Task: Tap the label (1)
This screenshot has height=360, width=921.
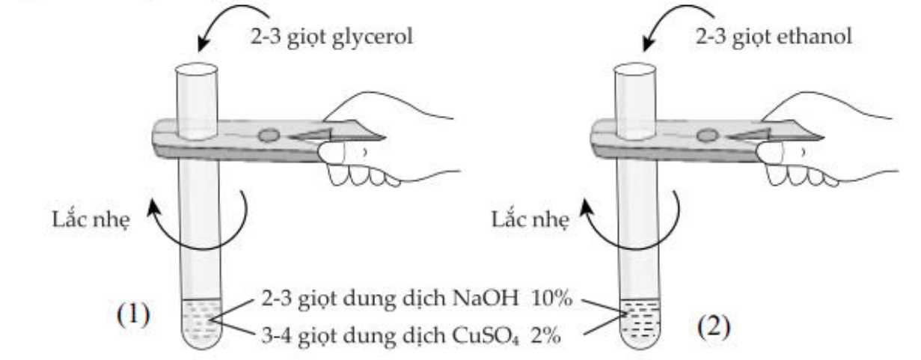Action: (x=133, y=316)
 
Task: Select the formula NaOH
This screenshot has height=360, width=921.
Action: (x=485, y=298)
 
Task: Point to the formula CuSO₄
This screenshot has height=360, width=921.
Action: (x=485, y=336)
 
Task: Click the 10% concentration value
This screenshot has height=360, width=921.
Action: (x=551, y=298)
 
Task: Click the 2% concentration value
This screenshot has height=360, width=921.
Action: (x=545, y=336)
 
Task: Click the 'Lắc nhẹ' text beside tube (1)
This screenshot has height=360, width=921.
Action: (x=91, y=219)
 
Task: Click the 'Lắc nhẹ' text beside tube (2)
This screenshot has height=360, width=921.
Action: (x=530, y=219)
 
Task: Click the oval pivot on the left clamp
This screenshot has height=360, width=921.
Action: (x=269, y=135)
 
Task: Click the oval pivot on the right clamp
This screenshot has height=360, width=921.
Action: (x=708, y=135)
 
